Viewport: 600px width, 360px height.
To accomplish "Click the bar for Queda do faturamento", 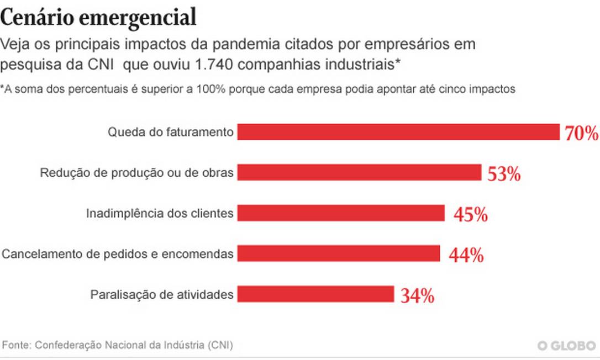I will click(x=398, y=132).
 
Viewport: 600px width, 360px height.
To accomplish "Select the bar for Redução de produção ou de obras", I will click(x=359, y=173).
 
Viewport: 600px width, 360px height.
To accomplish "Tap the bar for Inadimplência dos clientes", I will click(x=341, y=213).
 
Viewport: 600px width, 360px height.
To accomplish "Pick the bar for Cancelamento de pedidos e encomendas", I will click(x=339, y=253).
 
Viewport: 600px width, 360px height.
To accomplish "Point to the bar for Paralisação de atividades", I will click(x=315, y=294).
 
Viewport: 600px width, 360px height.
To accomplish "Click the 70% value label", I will click(x=581, y=133).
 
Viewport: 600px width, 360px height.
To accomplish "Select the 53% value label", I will click(x=504, y=174).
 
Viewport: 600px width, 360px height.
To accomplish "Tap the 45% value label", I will click(x=470, y=214).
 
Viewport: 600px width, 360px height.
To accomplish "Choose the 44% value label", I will click(x=466, y=255).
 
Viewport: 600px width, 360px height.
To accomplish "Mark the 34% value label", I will click(x=417, y=296).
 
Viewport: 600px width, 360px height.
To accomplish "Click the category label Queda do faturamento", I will click(x=171, y=133).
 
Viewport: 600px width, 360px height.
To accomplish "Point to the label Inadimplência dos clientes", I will click(x=160, y=213).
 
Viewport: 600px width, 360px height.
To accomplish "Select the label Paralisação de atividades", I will click(x=162, y=294).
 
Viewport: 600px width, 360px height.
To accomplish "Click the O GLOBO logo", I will click(x=567, y=346).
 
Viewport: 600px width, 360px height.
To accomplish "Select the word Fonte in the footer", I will click(x=15, y=345).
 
